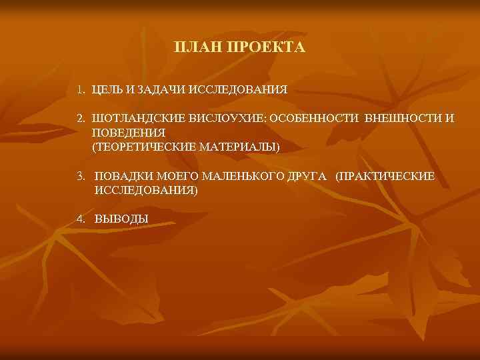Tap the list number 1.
(79, 89)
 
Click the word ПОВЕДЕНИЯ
(129, 132)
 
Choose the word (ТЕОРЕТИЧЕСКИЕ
(142, 145)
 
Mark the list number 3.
(80, 177)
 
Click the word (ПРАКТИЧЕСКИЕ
(386, 177)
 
